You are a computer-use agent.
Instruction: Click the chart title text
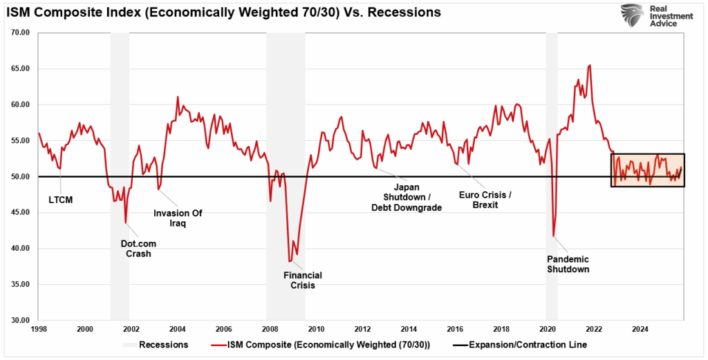click(225, 12)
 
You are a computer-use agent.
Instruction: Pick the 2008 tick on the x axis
click(270, 329)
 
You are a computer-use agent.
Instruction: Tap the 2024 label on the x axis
click(640, 329)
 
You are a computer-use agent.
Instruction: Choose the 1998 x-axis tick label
click(39, 329)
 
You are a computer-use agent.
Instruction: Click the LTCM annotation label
click(61, 200)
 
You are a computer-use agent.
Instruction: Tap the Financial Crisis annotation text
click(303, 280)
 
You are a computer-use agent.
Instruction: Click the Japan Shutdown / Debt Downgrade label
click(407, 198)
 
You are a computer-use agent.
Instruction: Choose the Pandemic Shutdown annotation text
click(568, 264)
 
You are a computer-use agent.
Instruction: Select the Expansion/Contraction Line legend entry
click(525, 345)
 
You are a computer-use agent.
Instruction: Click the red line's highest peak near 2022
click(589, 66)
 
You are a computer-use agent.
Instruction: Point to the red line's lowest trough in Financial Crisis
click(290, 261)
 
